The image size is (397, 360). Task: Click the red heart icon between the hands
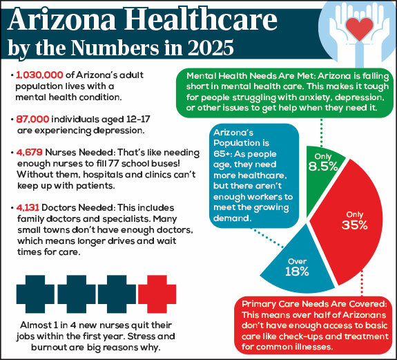[x=360, y=29]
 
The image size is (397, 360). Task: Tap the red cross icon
[x=157, y=294]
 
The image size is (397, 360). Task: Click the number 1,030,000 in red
[x=39, y=75]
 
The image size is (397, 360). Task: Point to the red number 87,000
[x=32, y=119]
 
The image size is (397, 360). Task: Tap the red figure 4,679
[x=30, y=153]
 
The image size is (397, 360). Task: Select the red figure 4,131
[x=28, y=208]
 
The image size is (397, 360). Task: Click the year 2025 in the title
[x=211, y=48]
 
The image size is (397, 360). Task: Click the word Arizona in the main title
[x=61, y=19]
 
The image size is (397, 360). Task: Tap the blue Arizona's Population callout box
[x=254, y=176]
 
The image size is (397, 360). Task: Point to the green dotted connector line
[x=322, y=132]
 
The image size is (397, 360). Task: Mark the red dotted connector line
[x=362, y=283]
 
